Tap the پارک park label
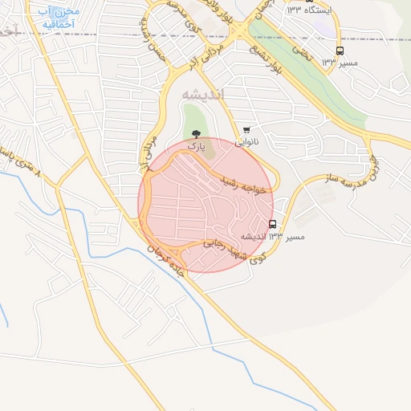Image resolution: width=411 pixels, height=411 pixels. coord(197,148)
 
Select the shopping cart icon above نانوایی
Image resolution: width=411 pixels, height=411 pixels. coord(246,130)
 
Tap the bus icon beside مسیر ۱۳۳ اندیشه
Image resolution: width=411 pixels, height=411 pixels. coord(273,224)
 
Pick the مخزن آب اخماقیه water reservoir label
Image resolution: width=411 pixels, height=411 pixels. coord(55,18)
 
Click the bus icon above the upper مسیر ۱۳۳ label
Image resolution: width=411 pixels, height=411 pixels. coord(340,51)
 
